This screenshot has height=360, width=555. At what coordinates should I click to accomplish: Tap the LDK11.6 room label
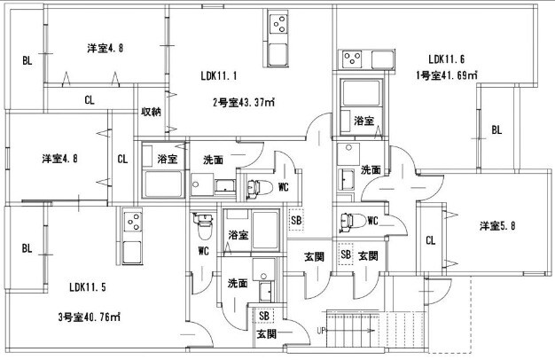pos(445,59)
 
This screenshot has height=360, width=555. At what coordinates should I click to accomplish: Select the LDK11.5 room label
pos(88,287)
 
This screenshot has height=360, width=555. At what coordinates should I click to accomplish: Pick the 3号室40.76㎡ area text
pos(90,317)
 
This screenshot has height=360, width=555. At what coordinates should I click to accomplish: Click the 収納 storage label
pos(151,112)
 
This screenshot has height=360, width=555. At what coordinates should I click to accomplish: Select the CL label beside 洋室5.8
pos(429,239)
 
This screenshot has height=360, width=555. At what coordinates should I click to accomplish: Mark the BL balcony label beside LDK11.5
pos(27,248)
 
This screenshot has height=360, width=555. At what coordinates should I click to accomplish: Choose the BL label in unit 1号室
pos(496,130)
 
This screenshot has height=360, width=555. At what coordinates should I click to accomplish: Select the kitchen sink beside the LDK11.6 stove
pos(383,60)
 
